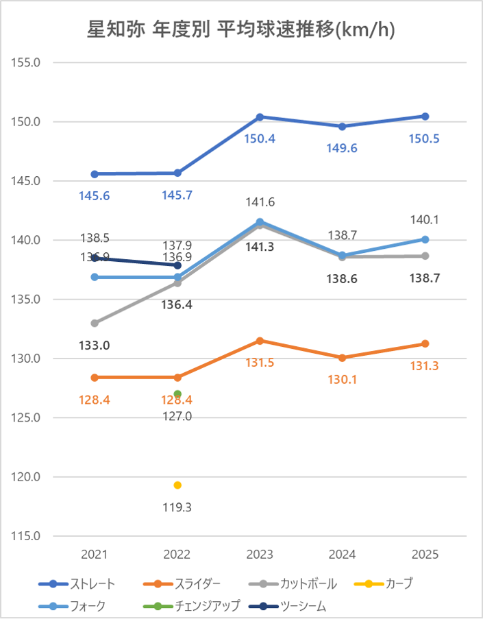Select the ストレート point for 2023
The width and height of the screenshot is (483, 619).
[x=260, y=117]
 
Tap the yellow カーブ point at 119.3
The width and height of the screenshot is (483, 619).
[x=177, y=485]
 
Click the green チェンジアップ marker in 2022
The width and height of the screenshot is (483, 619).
[x=177, y=394]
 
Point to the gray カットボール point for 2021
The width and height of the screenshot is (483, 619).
[x=95, y=323]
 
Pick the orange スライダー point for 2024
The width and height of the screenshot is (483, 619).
[x=343, y=358]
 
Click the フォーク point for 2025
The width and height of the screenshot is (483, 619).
[x=425, y=239]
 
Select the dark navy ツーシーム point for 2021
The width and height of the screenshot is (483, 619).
[x=95, y=258]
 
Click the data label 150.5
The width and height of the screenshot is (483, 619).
[x=425, y=138]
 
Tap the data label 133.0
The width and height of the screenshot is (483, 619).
[x=95, y=345]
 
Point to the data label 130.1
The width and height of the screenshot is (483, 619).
[x=343, y=380]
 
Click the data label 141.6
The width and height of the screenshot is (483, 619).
[x=260, y=202]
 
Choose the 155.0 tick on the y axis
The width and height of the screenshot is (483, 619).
[x=27, y=62]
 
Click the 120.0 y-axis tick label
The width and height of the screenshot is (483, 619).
[x=27, y=477]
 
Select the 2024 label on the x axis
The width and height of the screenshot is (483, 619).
[x=343, y=555]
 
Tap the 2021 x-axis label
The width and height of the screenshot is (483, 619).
[x=95, y=555]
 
